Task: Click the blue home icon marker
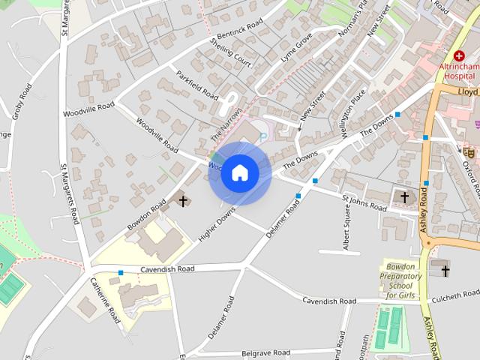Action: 239,173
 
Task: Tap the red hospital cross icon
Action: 458,55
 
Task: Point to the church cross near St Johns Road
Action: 405,198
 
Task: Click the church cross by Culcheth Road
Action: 445,271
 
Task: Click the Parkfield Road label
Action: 197,86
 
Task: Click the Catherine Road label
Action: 104,300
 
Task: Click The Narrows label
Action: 226,124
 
